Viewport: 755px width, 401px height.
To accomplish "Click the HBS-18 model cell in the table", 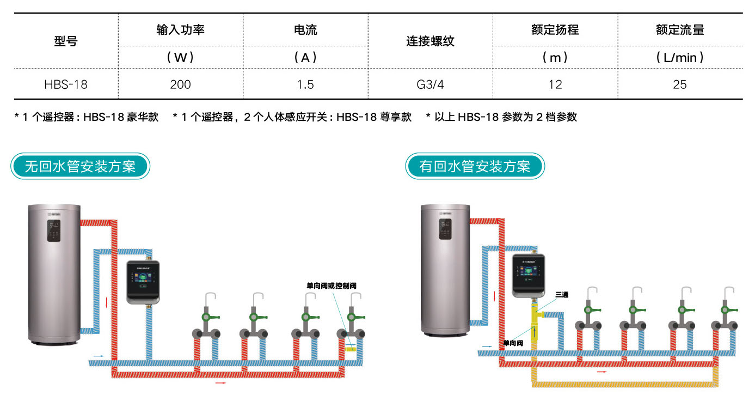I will click(x=66, y=84).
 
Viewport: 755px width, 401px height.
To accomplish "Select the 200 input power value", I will click(x=180, y=84).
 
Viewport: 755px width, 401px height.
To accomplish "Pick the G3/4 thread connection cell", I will click(x=430, y=84).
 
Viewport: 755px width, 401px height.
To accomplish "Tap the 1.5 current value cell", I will click(x=305, y=84).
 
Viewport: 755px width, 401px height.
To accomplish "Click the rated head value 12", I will click(x=555, y=84).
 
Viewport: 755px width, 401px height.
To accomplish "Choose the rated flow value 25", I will click(x=680, y=84).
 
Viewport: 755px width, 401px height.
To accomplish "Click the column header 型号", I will click(x=66, y=41).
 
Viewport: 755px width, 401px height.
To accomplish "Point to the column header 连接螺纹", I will click(x=430, y=41).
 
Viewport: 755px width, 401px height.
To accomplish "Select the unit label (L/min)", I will click(x=680, y=57).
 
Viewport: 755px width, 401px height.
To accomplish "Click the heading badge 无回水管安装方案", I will click(x=81, y=166).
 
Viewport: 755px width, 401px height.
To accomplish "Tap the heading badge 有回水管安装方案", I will click(x=475, y=166).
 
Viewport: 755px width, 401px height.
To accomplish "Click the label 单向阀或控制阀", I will click(x=332, y=285).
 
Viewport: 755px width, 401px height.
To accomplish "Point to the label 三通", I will click(x=561, y=295).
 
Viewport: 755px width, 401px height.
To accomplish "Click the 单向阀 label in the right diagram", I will click(x=513, y=343).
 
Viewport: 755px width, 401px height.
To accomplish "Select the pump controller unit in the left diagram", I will click(x=143, y=282).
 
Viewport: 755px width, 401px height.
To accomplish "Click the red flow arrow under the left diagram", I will click(x=220, y=383).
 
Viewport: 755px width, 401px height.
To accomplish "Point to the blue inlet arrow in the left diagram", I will click(x=99, y=356).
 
